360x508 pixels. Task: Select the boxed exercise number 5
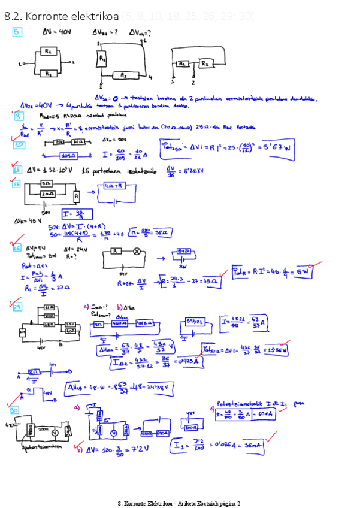(x=17, y=32)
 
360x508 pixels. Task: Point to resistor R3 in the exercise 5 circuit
(x=102, y=60)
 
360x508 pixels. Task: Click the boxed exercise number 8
(x=19, y=116)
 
